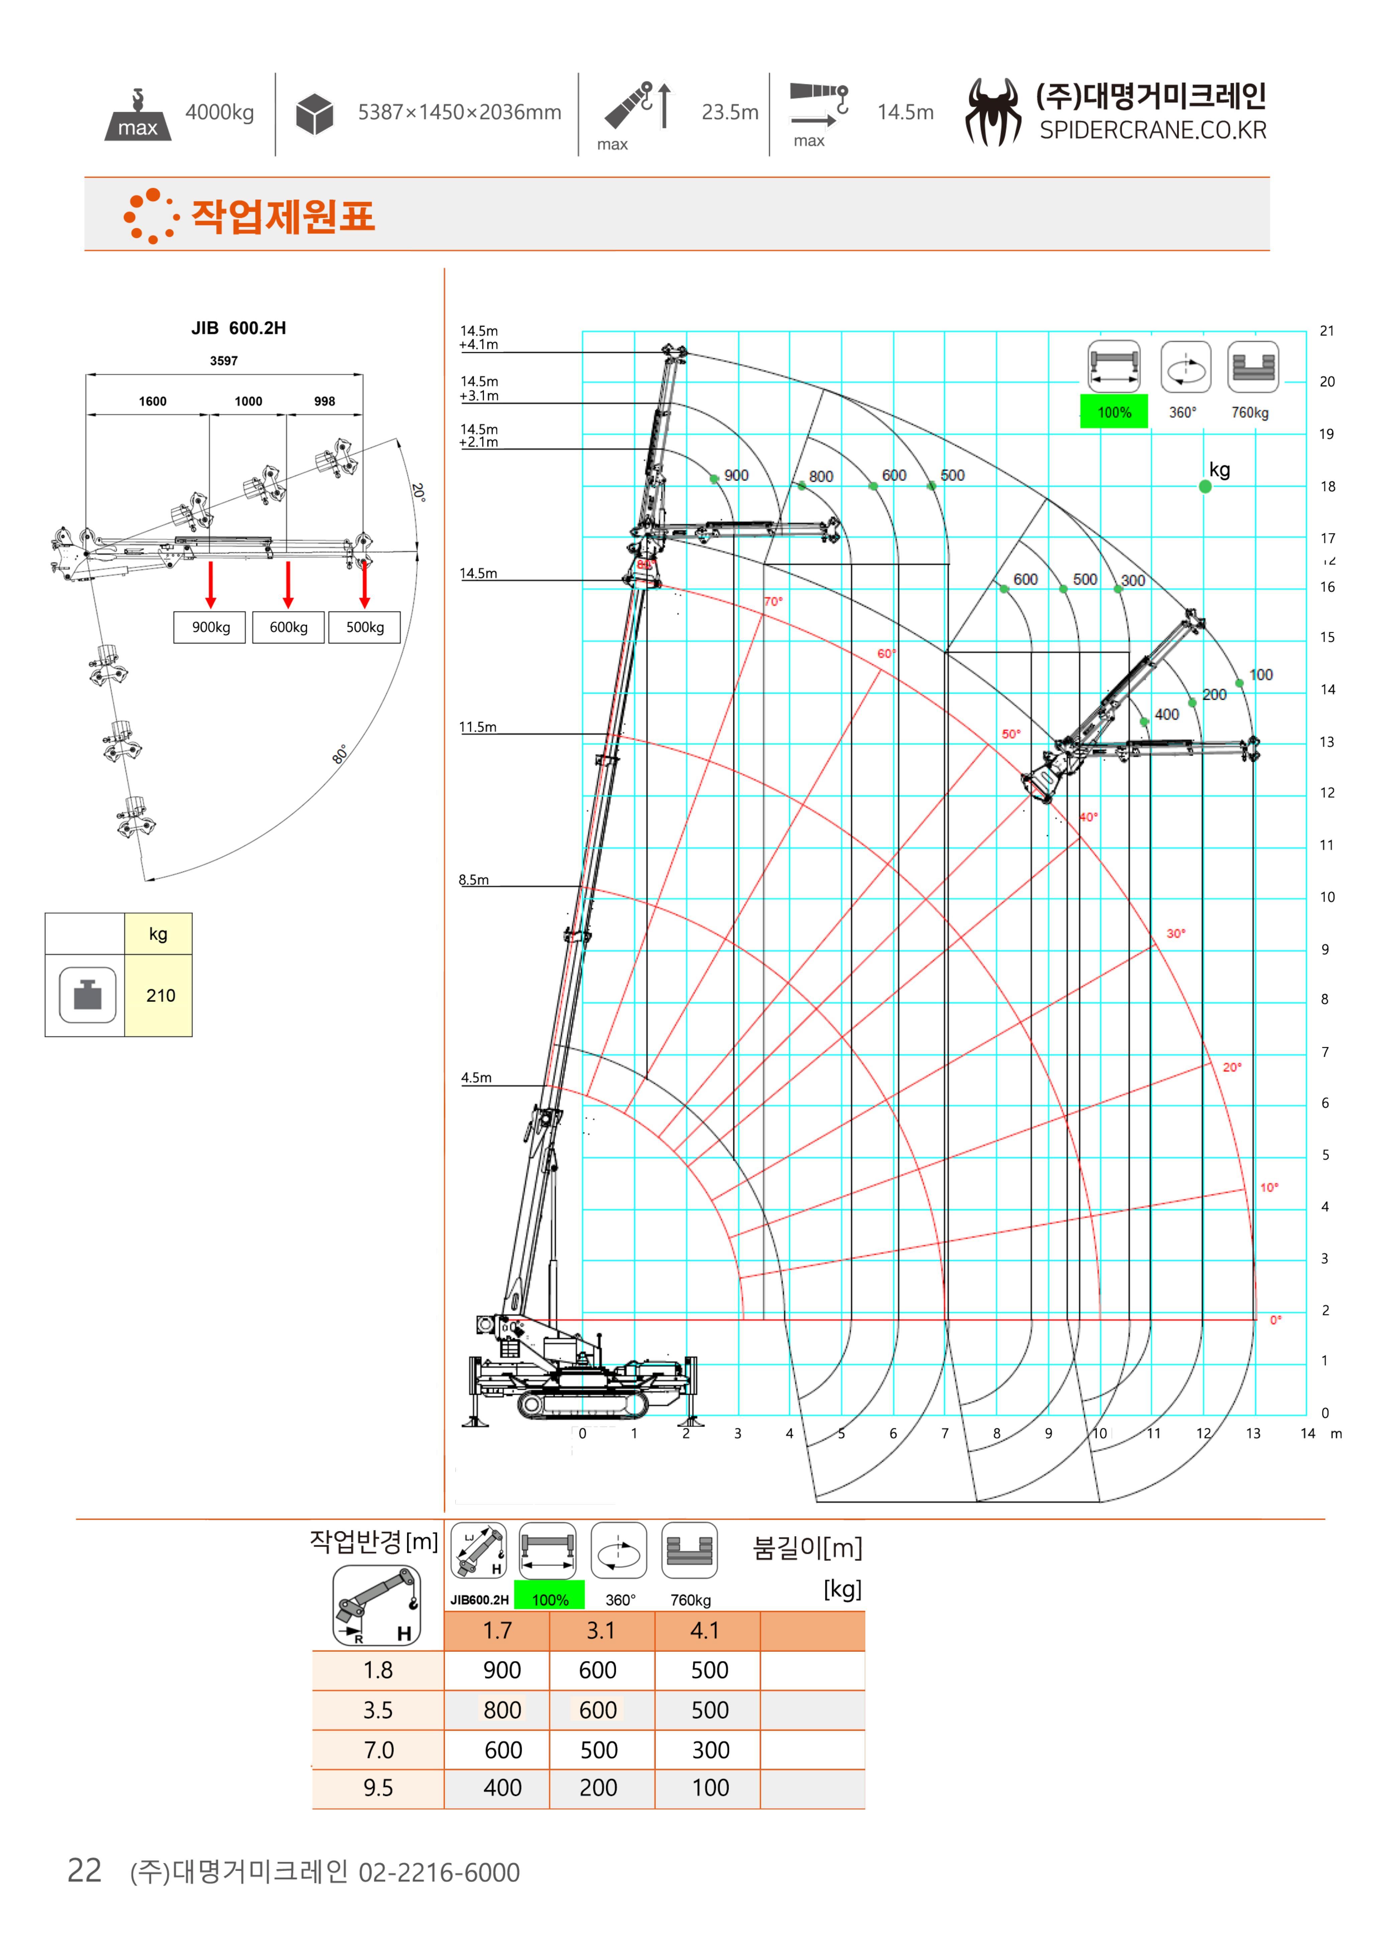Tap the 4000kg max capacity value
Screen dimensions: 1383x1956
tap(220, 112)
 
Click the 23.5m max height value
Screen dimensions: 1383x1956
tap(730, 112)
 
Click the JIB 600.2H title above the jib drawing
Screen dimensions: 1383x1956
tap(239, 328)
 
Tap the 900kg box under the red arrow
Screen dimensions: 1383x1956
tap(210, 627)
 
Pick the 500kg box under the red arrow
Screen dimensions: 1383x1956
tap(365, 627)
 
